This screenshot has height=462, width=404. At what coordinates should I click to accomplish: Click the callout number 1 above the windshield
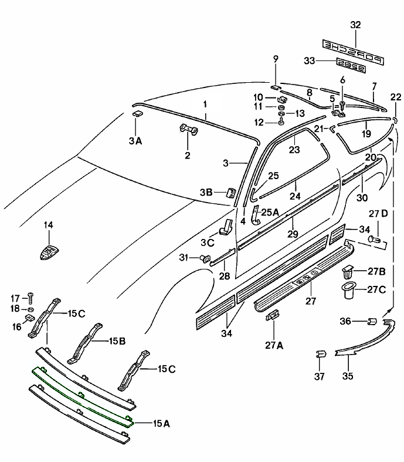pos(205,104)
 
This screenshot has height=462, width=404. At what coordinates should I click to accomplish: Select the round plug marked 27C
pos(348,290)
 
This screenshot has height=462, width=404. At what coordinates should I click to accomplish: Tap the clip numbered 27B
pos(347,271)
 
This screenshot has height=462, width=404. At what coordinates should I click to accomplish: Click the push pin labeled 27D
pos(375,239)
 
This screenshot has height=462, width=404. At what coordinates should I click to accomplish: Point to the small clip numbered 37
pos(320,356)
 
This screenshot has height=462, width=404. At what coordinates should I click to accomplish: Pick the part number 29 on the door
pos(293,234)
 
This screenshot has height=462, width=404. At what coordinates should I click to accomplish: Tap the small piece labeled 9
pos(275,86)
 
